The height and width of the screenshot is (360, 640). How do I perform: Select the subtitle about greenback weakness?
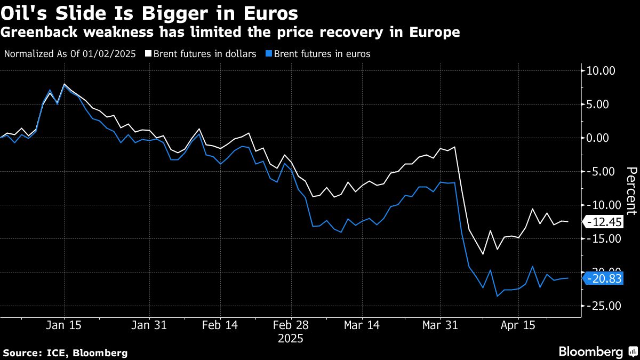coord(230,33)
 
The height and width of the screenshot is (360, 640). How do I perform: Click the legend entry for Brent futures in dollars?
coord(205,54)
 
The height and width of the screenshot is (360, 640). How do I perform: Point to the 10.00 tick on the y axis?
coord(601,71)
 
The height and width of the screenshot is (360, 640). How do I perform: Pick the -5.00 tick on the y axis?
coord(601,171)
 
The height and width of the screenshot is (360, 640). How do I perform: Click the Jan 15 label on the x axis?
coord(64,325)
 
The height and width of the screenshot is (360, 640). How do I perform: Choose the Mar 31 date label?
coord(441,325)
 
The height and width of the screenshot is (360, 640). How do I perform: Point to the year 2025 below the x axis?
coord(291,339)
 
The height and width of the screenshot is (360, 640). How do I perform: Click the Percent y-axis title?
coord(631,190)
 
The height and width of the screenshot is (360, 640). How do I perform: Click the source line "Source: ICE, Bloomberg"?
coord(65,353)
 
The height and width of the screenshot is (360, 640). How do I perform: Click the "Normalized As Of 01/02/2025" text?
coord(70,54)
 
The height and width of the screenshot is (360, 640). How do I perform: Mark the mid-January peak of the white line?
coord(64,84)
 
